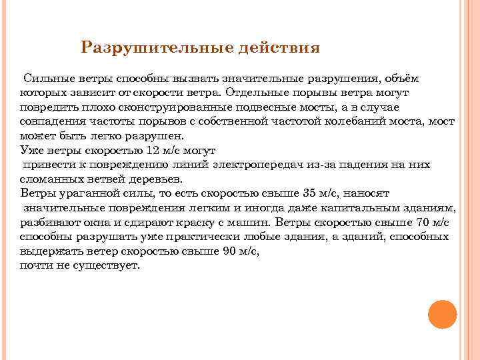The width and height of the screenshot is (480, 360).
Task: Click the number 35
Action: [x=310, y=193]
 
